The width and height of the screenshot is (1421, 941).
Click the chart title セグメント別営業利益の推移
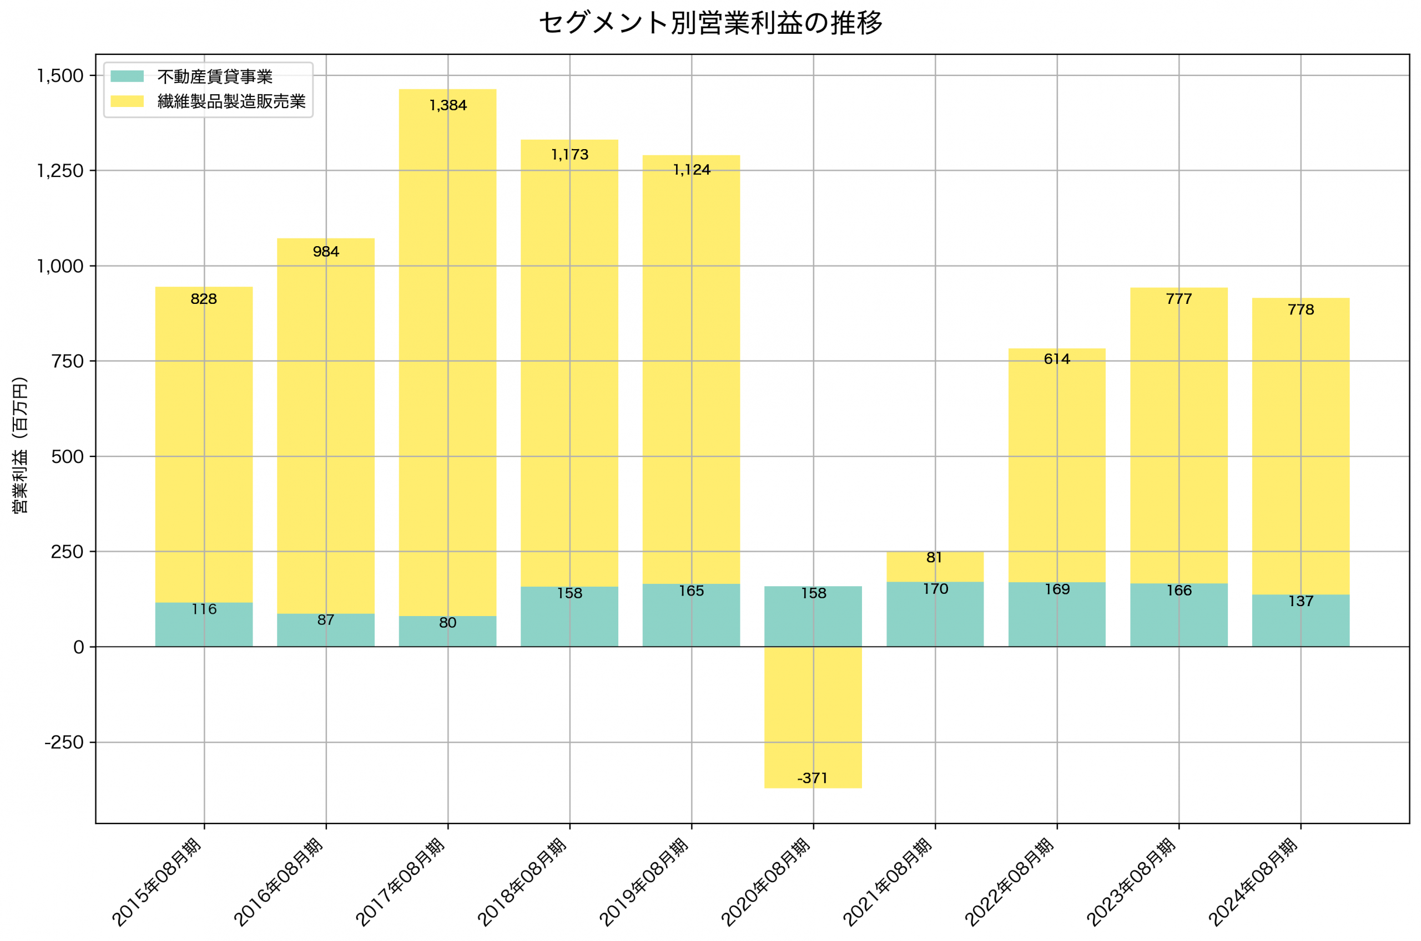[710, 23]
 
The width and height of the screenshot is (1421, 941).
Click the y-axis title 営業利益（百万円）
[20, 445]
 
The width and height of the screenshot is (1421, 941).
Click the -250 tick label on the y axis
[64, 743]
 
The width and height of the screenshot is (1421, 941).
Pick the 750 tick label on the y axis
[67, 362]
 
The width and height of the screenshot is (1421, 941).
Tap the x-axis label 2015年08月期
[157, 882]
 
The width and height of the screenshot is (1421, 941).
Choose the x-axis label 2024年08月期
[1253, 882]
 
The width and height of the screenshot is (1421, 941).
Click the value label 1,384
[448, 105]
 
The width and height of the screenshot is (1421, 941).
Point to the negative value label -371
[813, 779]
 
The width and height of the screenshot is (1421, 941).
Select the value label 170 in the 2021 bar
[936, 589]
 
